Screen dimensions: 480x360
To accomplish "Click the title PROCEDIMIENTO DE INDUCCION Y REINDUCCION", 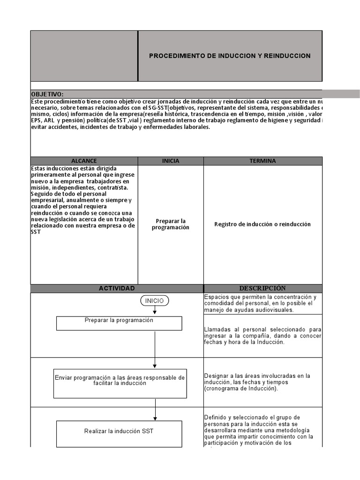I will tap(230, 56).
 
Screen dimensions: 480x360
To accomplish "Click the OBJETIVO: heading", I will tap(47, 94).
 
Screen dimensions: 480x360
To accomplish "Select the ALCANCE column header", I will tap(84, 161).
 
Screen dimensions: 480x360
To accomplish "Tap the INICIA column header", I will tap(171, 161).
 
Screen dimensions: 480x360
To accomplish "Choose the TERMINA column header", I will tap(262, 161).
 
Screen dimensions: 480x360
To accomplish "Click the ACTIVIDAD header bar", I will tap(117, 288).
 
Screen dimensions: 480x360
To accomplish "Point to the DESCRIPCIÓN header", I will tap(262, 288).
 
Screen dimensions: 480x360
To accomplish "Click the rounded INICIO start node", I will tap(155, 301).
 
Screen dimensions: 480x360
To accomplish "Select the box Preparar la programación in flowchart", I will tap(119, 323).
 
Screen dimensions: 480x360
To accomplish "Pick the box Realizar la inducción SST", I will tap(119, 434).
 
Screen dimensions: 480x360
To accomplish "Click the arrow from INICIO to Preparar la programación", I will tap(155, 311).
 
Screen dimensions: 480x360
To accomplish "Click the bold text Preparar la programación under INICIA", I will tap(171, 224).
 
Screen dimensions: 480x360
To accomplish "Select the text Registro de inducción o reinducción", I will tap(262, 224).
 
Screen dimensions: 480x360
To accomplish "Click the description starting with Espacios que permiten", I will tap(260, 303).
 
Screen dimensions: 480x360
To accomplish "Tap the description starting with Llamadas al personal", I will tap(262, 336).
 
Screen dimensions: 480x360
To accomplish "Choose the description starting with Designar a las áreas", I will tap(258, 382).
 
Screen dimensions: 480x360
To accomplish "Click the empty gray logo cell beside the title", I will tap(84, 56).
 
